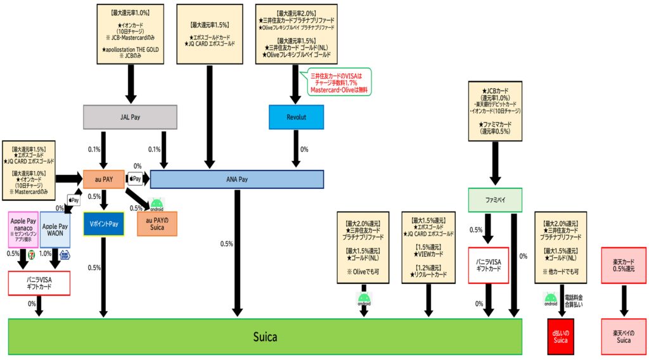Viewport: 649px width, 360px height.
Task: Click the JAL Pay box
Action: [x=130, y=117]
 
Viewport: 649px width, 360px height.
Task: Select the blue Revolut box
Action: [x=296, y=117]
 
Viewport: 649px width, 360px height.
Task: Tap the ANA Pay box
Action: [x=236, y=179]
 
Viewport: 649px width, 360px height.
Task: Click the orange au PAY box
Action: [x=103, y=179]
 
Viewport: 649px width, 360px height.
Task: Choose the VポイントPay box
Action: [x=105, y=224]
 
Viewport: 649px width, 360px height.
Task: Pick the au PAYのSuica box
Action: [x=157, y=224]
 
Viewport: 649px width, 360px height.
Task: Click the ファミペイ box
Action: [x=495, y=201]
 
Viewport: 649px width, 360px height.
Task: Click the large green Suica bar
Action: [x=265, y=337]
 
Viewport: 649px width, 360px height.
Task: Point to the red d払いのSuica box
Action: [x=560, y=337]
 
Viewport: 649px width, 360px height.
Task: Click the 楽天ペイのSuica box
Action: [x=623, y=337]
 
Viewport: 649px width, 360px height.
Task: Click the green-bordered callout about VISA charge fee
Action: [x=339, y=82]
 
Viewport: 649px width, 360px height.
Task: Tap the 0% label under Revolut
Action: [x=304, y=150]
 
